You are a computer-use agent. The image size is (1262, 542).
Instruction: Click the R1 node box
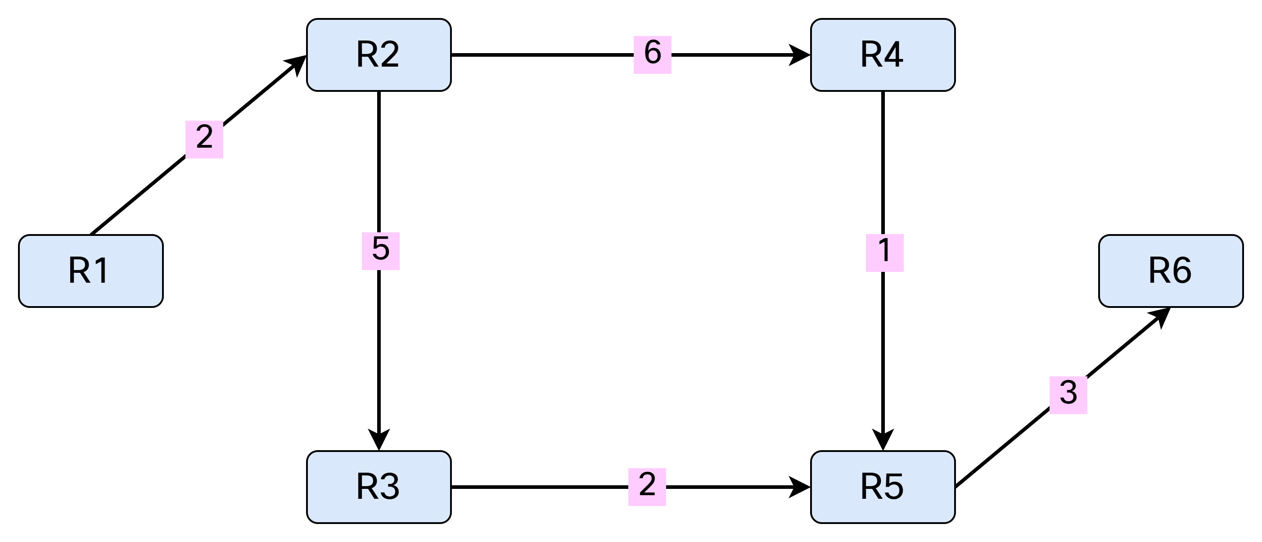coord(90,271)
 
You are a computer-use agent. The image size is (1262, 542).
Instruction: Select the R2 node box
coord(379,55)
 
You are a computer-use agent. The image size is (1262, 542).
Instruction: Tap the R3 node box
coord(379,487)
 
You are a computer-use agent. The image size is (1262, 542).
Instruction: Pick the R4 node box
coord(883,55)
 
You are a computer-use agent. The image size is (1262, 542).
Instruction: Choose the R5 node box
coord(883,487)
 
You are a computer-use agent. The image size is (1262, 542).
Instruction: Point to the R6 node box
coord(1171,271)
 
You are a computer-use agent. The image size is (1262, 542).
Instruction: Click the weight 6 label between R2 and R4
coord(653,54)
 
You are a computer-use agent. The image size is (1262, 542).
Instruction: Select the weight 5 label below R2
coord(381,251)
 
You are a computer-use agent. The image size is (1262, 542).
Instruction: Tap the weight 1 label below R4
coord(885,253)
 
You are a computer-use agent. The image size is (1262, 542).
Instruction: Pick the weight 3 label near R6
coord(1068,395)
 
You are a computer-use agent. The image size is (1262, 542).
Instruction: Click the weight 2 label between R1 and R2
coord(204,139)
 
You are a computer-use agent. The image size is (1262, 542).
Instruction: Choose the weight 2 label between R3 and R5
coord(647,487)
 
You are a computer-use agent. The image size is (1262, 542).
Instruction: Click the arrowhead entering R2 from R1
coord(296,65)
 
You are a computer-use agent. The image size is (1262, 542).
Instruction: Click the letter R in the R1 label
coord(79,271)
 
